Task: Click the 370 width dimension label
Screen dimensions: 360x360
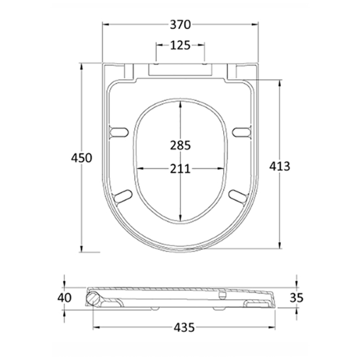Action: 181,24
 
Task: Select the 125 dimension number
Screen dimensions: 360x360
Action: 181,45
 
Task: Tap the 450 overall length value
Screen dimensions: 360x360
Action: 81,158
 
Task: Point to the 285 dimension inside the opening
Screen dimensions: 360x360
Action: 181,146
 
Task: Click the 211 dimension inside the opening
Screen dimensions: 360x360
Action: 181,169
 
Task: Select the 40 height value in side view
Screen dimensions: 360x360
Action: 65,298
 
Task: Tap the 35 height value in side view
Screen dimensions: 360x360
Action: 296,298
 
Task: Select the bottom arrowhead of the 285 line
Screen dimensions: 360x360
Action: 181,219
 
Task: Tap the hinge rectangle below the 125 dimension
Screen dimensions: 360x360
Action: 181,69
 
